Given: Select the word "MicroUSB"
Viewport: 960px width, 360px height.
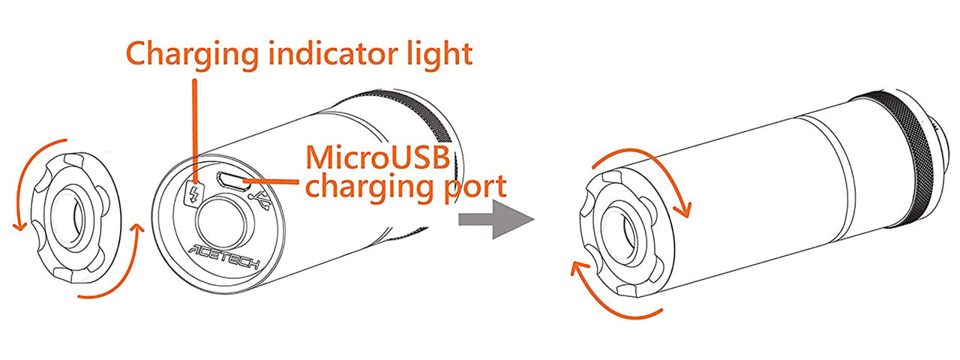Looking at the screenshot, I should (378, 157).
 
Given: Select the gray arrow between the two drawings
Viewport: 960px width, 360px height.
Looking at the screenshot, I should (495, 220).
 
